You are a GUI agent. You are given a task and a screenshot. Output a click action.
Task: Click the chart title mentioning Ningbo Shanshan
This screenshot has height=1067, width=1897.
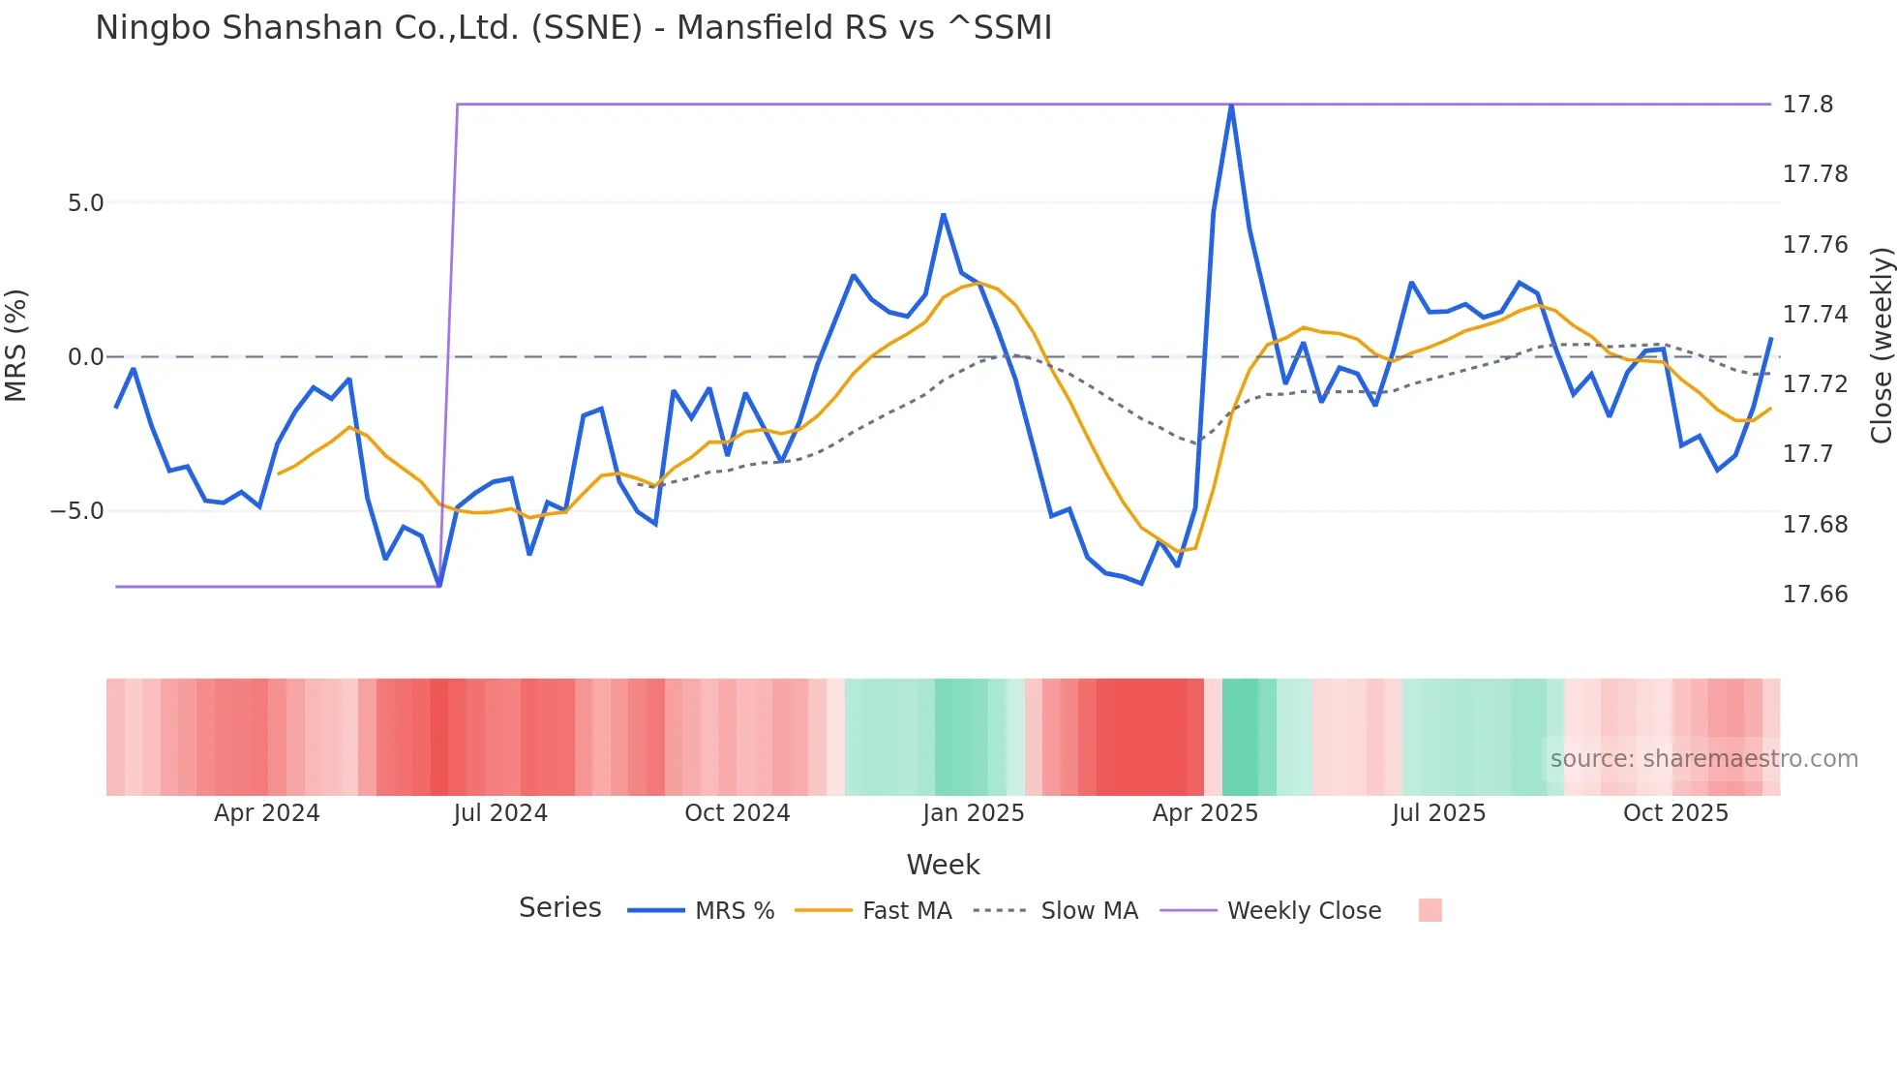(573, 28)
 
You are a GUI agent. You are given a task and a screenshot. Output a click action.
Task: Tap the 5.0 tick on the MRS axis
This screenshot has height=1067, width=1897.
(85, 203)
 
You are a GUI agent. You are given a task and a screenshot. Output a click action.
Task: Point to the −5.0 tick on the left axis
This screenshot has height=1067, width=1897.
(77, 511)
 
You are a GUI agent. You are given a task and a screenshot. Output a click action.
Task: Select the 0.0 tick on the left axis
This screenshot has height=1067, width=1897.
(85, 357)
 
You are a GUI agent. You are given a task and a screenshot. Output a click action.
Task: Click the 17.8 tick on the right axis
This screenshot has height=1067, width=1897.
(1808, 105)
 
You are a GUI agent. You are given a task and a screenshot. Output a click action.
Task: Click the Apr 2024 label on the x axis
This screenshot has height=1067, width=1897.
(266, 813)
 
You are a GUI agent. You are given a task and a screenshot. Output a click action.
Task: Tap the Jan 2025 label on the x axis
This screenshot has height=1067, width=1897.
(973, 813)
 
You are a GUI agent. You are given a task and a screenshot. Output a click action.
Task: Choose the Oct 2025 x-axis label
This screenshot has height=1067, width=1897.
(1675, 813)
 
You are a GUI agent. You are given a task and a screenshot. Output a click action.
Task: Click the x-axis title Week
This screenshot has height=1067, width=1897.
(943, 865)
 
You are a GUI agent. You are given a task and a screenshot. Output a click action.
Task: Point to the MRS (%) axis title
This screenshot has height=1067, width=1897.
(16, 345)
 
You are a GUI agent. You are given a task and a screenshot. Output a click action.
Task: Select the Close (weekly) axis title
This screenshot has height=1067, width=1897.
(1881, 345)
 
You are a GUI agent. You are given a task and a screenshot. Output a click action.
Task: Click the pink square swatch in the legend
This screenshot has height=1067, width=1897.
(1430, 910)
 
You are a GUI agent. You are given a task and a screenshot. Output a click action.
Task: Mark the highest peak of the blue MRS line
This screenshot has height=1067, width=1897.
(1231, 106)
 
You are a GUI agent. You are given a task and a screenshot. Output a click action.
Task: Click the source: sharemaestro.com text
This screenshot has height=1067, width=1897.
(1703, 759)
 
